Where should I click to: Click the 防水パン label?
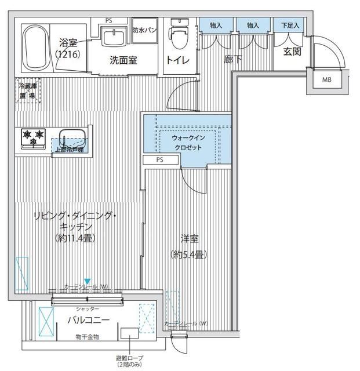143,30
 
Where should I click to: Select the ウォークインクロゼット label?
187,143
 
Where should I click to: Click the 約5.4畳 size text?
188,254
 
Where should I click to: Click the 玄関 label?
292,51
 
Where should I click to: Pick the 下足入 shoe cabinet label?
289,26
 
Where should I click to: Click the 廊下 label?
232,58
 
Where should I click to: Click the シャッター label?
87,310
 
